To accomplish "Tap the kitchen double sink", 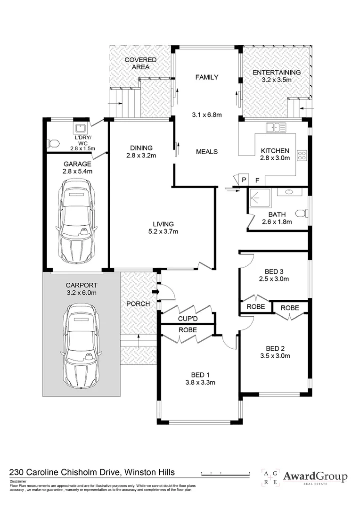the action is [x=276, y=128].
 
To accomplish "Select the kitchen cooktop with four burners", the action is [x=302, y=155].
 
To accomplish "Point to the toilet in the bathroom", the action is [x=301, y=213].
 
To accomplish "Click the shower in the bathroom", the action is [x=259, y=198].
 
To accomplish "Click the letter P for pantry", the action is [x=244, y=180].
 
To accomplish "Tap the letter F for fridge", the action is [x=257, y=180].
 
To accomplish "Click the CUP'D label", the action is [x=188, y=319].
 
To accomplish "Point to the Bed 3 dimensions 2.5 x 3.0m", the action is [x=274, y=279].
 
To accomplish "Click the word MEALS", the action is [x=207, y=152].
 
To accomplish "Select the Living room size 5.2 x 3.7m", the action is [x=164, y=231].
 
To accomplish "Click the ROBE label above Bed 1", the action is [x=188, y=330].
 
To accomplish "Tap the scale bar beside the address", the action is [x=226, y=474].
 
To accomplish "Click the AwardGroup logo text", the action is [x=315, y=476].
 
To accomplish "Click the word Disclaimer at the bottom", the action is [x=18, y=481].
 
